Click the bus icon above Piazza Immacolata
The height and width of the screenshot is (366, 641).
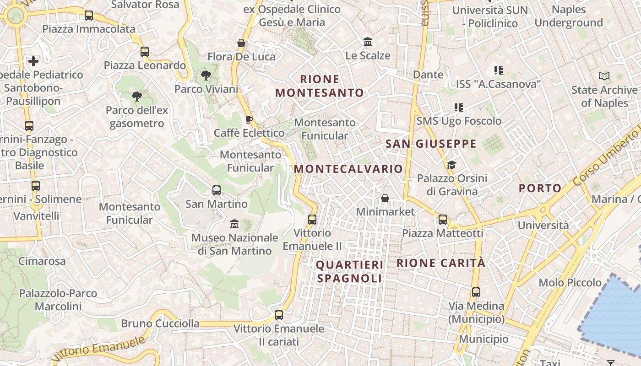89,16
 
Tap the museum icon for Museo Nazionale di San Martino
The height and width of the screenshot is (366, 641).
234,224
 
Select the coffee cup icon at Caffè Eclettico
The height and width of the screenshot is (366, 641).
249,120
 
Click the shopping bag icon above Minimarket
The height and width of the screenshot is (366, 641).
385,198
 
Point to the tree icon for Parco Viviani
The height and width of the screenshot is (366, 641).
206,75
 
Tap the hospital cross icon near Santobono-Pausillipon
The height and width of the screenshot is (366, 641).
33,61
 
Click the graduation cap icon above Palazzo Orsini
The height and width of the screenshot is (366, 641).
451,165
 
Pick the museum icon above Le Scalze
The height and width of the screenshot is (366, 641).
368,42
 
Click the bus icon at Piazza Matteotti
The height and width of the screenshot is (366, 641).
443,220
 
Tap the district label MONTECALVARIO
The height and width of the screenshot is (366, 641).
348,169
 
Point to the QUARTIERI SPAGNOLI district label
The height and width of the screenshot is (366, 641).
349,271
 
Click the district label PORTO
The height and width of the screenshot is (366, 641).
540,188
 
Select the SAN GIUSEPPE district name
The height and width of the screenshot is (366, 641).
431,144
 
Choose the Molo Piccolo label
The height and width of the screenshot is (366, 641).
570,282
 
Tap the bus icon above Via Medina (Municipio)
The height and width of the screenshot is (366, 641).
476,292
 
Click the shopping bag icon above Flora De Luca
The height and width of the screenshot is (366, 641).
241,43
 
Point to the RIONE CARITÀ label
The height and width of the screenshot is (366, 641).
440,263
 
